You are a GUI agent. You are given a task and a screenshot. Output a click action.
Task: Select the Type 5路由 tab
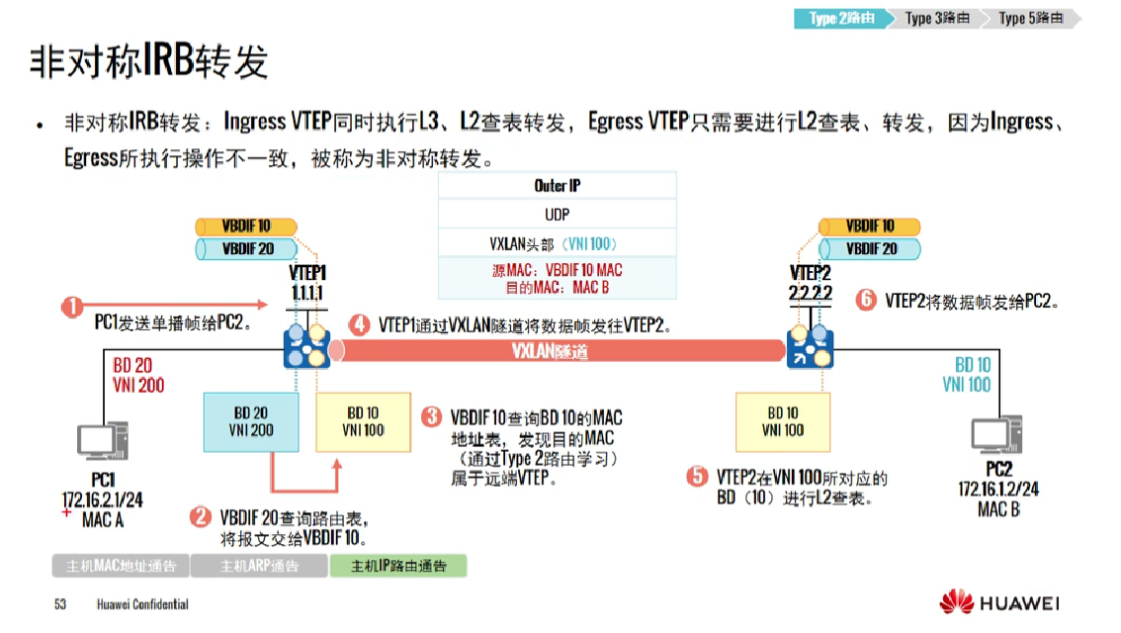[x=1031, y=19]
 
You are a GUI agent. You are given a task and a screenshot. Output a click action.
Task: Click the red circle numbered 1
[x=72, y=307]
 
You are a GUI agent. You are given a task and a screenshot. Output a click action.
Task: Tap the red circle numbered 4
[x=360, y=324]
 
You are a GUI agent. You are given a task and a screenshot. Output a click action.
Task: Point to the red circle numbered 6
[x=866, y=300]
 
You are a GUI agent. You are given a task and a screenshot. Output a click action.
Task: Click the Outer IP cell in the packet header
[x=558, y=186]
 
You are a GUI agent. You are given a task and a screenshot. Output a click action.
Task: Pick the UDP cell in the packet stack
[x=558, y=215]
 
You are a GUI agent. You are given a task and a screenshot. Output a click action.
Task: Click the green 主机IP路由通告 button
[x=397, y=567]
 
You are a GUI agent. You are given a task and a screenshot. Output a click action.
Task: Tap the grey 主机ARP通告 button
[x=259, y=567]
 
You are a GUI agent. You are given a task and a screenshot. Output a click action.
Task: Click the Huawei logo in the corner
[x=999, y=601]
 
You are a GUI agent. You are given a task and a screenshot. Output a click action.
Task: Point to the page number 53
[x=60, y=604]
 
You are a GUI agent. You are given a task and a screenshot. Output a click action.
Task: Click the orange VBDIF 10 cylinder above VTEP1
[x=246, y=226]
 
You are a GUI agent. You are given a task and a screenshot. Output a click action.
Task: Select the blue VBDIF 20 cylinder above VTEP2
[x=870, y=249]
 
